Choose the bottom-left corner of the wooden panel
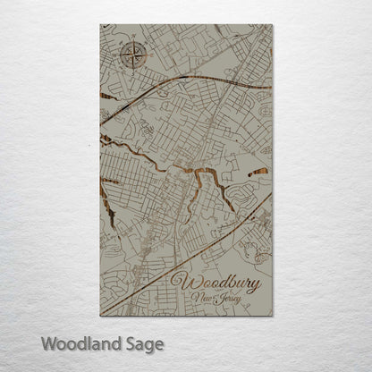tap(101, 316)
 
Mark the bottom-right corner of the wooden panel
tap(271, 316)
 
